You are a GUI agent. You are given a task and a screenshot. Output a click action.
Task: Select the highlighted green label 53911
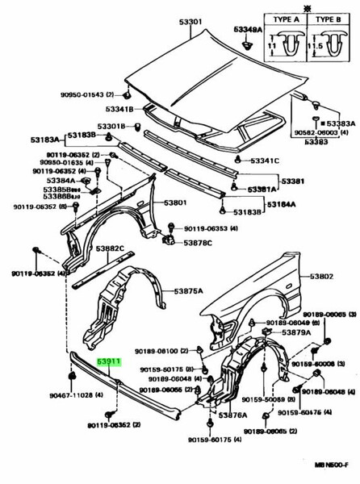pyautogui.click(x=109, y=364)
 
